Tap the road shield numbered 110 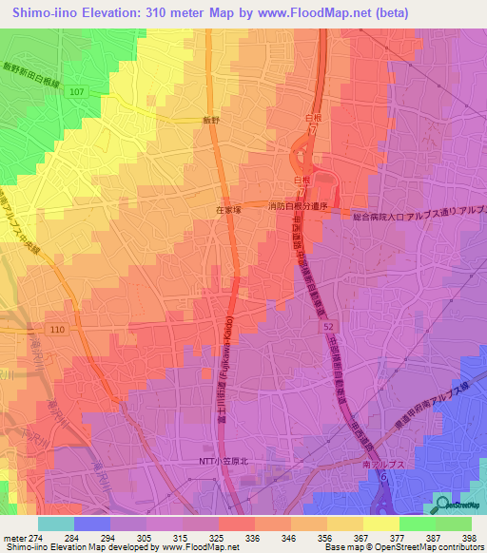[58, 329]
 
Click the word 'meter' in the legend [13, 537]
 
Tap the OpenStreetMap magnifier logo [444, 505]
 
